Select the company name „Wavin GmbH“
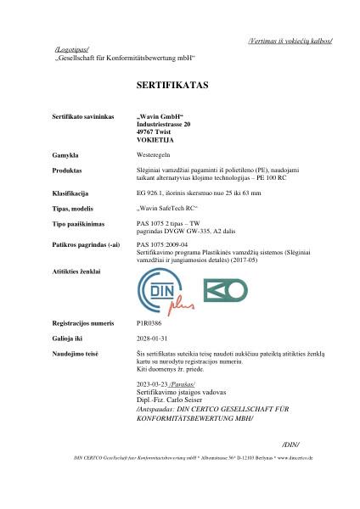pos(160,114)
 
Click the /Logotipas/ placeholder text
pos(70,51)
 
